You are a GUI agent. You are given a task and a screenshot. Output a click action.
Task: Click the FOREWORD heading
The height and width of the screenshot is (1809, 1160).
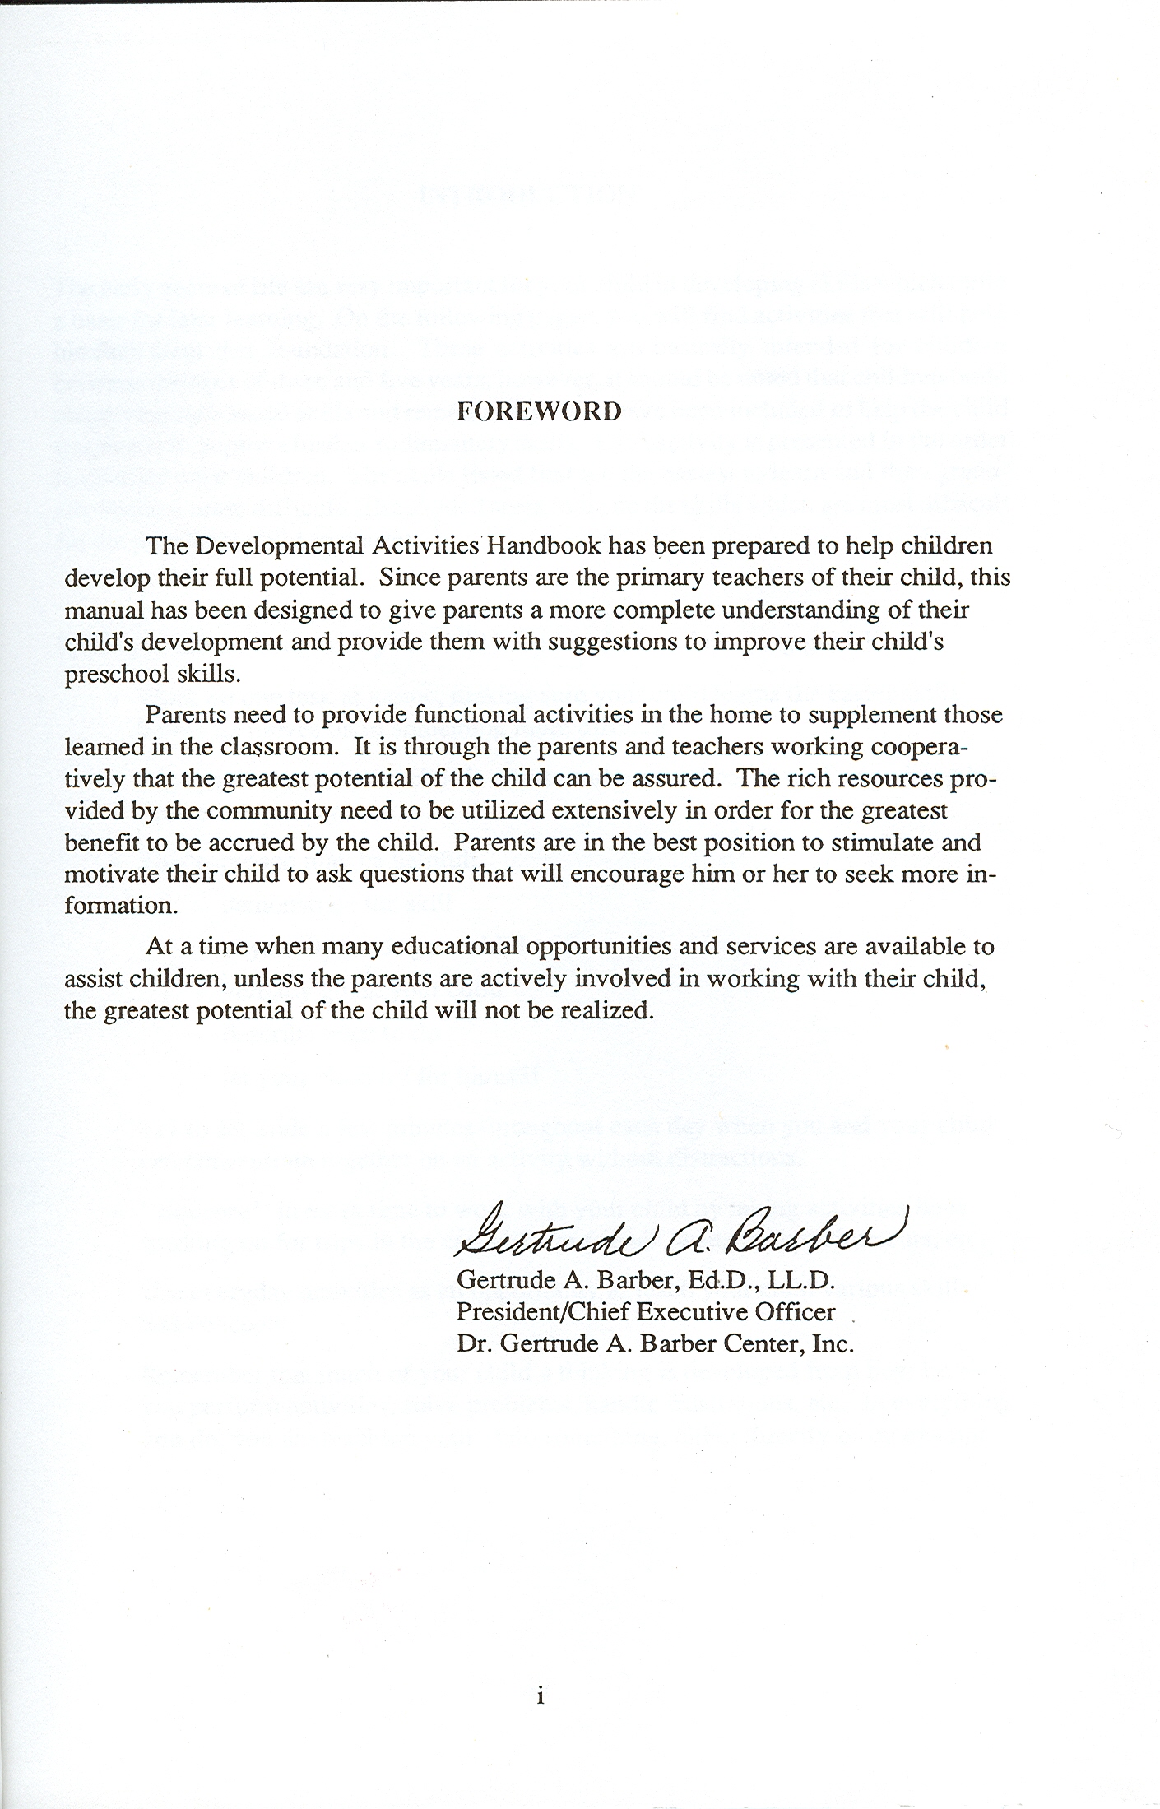(x=539, y=411)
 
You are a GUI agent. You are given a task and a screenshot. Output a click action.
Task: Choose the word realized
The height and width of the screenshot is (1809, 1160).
(x=606, y=1012)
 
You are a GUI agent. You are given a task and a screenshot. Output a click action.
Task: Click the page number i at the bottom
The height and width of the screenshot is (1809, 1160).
(x=540, y=1673)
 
